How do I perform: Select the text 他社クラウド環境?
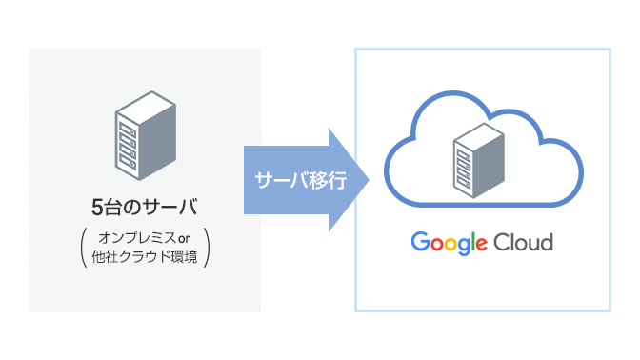[146, 257]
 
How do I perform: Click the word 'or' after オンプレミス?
[185, 237]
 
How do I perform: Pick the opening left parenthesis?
[85, 247]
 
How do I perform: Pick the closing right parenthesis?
[207, 247]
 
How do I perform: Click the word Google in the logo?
[449, 243]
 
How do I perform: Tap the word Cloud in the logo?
[523, 242]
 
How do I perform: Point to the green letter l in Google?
[471, 242]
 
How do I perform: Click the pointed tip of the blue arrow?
[369, 180]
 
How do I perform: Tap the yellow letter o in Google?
[448, 244]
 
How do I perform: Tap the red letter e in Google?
[480, 244]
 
